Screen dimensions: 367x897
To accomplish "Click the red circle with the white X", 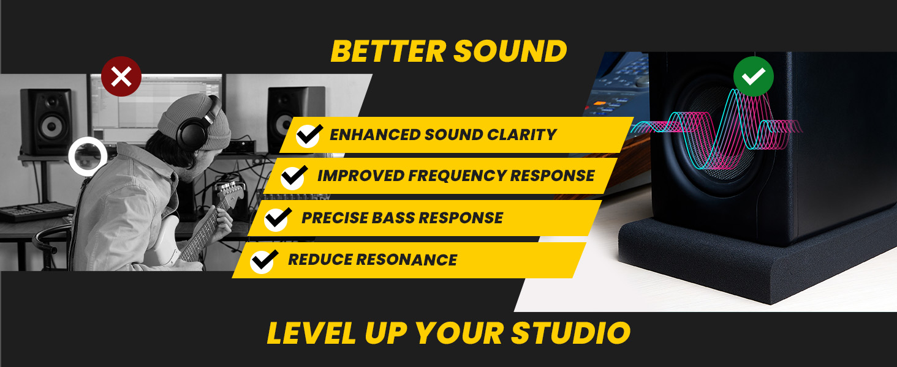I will (x=121, y=77).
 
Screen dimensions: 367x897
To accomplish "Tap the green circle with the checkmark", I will (x=754, y=76).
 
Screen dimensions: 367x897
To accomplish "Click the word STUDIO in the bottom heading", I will (x=570, y=333).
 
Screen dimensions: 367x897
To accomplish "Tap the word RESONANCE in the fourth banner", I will (x=407, y=260).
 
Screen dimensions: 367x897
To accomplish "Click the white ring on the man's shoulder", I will (x=88, y=157).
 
